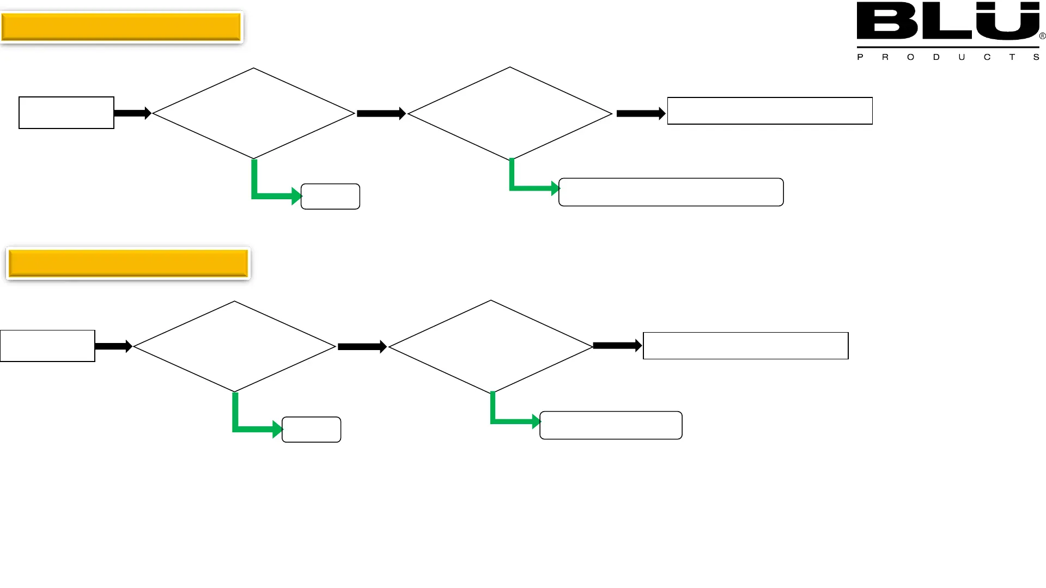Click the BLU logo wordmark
947,22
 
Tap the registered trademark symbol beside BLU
1042,36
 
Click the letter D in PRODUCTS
936,57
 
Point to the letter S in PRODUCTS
1036,57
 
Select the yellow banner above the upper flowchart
121,27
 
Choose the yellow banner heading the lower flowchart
128,264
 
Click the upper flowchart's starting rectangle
66,113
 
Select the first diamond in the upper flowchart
253,113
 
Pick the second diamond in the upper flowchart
510,113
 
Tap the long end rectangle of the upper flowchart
770,111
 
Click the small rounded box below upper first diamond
330,197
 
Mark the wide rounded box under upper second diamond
671,192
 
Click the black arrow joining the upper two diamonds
381,114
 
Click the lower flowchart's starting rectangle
47,346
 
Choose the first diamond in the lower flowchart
234,346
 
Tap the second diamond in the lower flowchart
491,346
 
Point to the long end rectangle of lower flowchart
746,346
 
